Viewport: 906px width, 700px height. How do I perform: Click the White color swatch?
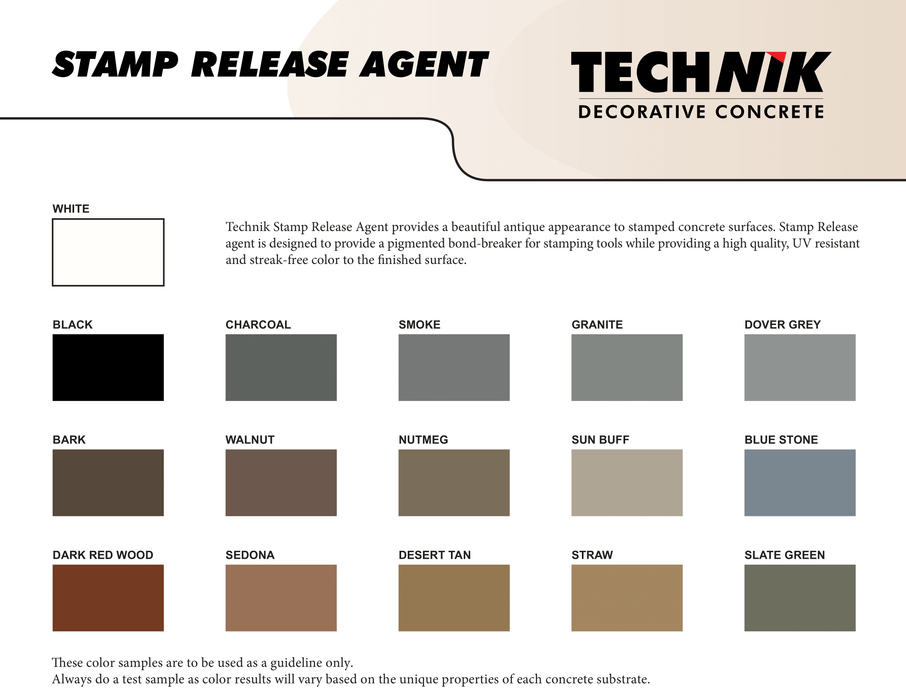click(x=108, y=252)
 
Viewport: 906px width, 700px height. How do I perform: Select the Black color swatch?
click(x=108, y=367)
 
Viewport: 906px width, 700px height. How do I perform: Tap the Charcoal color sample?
click(x=281, y=367)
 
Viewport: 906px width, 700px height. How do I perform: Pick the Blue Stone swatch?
click(x=800, y=482)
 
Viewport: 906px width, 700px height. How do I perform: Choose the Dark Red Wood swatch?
click(x=108, y=598)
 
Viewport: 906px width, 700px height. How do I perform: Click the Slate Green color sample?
click(x=800, y=598)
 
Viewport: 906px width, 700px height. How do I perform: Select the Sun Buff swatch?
click(x=627, y=482)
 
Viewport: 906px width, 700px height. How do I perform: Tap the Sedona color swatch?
click(x=281, y=598)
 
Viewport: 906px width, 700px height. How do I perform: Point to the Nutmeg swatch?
click(x=454, y=482)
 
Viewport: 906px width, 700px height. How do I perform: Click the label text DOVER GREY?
click(x=782, y=325)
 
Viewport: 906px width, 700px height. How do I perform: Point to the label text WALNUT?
click(x=250, y=440)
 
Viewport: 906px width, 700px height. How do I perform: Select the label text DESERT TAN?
click(x=434, y=555)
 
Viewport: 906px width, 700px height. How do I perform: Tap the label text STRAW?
click(x=592, y=555)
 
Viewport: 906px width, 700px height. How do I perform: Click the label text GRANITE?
click(x=597, y=325)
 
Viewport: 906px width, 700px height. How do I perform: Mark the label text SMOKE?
click(x=419, y=325)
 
